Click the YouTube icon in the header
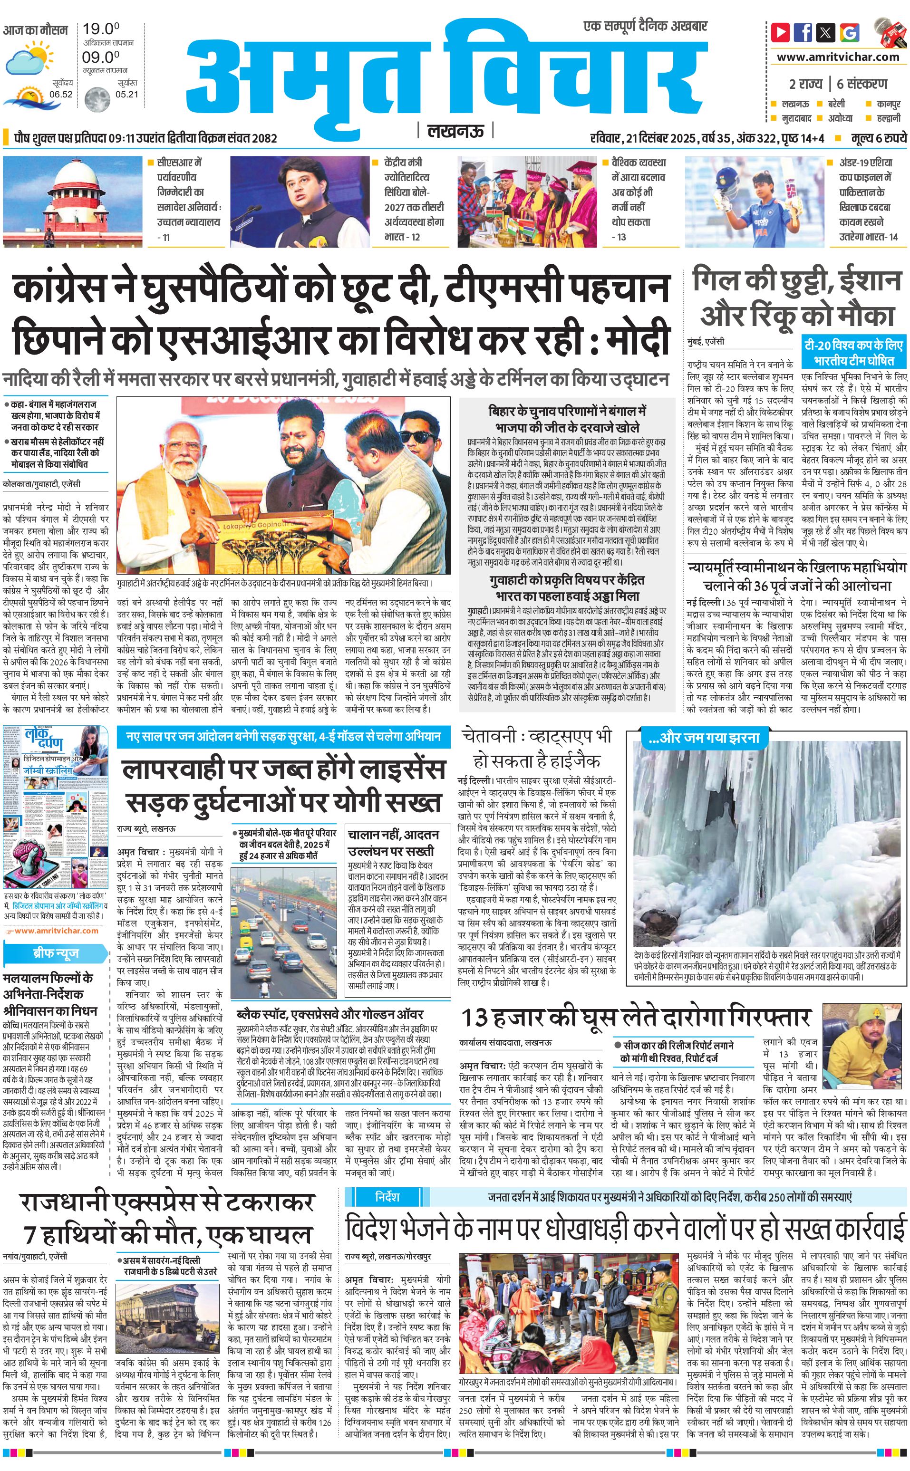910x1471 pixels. pos(781,32)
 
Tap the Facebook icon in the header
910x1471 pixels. pos(803,32)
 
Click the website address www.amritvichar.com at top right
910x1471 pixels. pos(838,57)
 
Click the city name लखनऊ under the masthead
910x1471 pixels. pos(455,131)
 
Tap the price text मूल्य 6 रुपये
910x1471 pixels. pos(878,138)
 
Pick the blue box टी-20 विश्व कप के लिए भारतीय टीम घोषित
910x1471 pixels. pos(853,353)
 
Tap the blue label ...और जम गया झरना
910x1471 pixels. pos(704,738)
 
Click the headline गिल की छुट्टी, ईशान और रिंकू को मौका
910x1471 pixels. pos(797,298)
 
